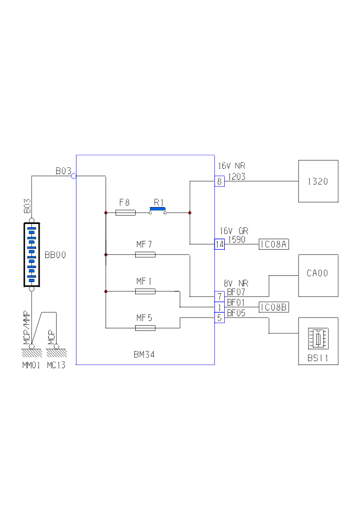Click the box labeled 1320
pyautogui.click(x=318, y=181)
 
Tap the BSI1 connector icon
pyautogui.click(x=317, y=339)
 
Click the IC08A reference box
pyautogui.click(x=273, y=244)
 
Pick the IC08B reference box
pyautogui.click(x=273, y=307)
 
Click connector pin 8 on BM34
pyautogui.click(x=220, y=181)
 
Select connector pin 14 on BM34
pyautogui.click(x=220, y=244)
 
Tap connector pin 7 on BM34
pyautogui.click(x=220, y=296)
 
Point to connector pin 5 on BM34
pyautogui.click(x=220, y=318)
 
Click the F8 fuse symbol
pyautogui.click(x=125, y=213)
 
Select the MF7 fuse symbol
pyautogui.click(x=145, y=254)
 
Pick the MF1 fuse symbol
pyautogui.click(x=145, y=291)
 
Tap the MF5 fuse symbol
pyautogui.click(x=145, y=327)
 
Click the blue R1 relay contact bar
pyautogui.click(x=157, y=209)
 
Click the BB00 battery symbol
pyautogui.click(x=31, y=255)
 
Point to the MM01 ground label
pyautogui.click(x=31, y=366)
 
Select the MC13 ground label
pyautogui.click(x=56, y=366)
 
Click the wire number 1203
pyautogui.click(x=238, y=177)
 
